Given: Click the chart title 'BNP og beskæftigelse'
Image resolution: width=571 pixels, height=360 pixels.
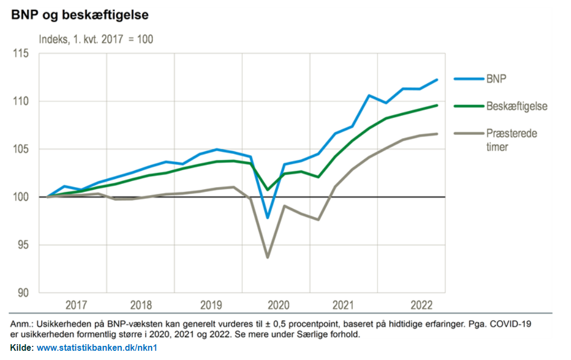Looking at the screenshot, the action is point(80,15).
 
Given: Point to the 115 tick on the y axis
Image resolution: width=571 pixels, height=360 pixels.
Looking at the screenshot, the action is point(21,53).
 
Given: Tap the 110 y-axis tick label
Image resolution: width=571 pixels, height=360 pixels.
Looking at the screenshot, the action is point(21,101).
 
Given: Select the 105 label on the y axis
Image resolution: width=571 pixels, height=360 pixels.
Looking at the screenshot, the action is point(21,149).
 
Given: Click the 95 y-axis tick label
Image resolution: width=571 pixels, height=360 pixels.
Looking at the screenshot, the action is point(23,245).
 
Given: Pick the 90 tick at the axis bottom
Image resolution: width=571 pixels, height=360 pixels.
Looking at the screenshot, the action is point(23,293).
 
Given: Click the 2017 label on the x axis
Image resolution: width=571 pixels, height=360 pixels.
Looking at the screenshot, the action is point(76,305).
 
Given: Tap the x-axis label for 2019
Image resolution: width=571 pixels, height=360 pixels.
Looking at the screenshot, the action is point(211,305).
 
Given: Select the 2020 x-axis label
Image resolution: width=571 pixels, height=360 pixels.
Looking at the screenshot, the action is point(278,305).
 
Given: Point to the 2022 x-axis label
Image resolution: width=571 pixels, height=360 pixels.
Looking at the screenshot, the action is point(421,305).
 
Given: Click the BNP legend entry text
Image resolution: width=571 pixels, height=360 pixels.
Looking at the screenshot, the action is point(496,79).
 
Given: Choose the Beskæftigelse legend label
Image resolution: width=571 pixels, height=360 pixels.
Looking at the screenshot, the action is point(517,106).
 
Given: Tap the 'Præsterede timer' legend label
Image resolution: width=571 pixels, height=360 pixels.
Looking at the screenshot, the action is point(512,140).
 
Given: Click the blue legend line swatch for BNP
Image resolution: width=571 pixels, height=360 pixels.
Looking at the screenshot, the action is point(469,79).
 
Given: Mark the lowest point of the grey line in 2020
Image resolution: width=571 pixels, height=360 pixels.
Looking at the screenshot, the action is point(268,257).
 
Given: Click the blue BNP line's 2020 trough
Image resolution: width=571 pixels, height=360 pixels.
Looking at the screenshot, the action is point(268,218).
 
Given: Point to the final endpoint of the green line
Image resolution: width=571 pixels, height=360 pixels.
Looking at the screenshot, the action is point(437,105).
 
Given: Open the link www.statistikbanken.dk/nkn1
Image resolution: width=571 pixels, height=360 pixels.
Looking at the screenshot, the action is point(97,348).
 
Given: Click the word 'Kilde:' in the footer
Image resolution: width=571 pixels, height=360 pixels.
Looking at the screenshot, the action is point(22,348).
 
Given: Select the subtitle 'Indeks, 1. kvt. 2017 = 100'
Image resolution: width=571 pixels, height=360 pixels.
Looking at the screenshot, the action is point(96,39).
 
